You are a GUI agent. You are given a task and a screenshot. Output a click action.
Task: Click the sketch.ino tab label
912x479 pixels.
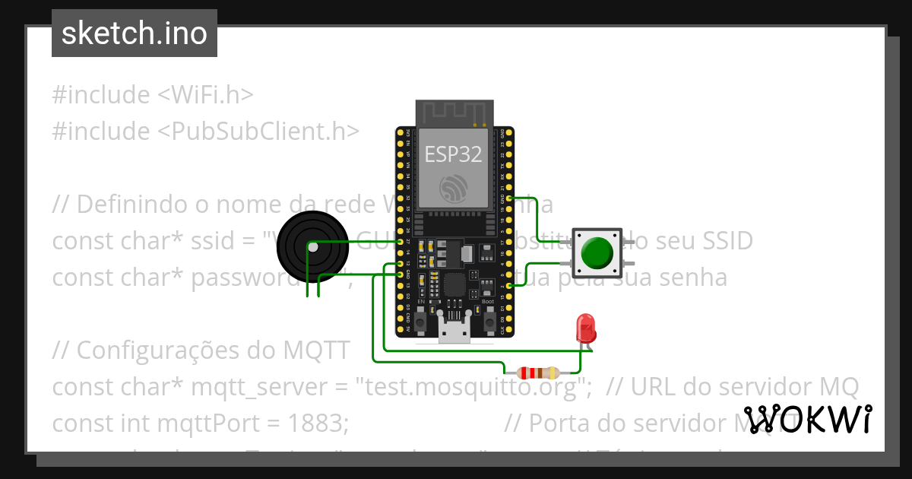134,33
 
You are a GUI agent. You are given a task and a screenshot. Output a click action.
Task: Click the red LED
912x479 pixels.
586,328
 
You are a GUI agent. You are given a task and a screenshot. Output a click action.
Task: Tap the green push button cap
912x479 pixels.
597,252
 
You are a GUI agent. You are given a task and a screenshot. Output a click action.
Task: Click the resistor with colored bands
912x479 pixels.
537,373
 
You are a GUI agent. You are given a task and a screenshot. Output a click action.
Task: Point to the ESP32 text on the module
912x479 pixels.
453,154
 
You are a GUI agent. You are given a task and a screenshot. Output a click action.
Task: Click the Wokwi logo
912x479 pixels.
807,419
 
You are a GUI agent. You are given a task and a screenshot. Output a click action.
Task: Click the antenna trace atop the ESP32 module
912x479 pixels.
454,113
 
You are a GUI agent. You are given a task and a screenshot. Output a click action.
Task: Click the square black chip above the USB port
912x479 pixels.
454,286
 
